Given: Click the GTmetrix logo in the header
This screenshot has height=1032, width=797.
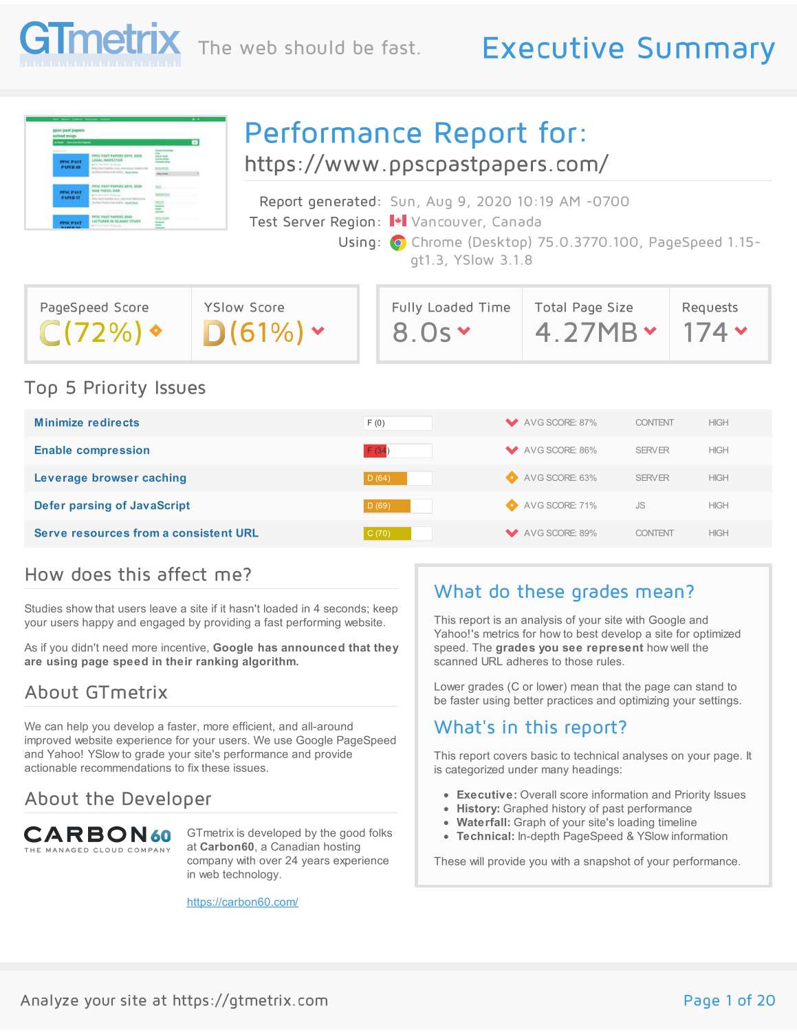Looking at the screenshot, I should (100, 43).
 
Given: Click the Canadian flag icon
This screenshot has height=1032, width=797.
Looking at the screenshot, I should (397, 222).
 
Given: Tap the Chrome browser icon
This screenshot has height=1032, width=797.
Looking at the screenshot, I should (397, 243).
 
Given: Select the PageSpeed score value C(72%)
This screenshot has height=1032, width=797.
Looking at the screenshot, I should (91, 333).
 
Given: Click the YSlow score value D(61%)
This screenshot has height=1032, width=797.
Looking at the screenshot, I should (254, 333).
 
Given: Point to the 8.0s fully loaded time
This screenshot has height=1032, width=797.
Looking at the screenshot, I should (422, 333).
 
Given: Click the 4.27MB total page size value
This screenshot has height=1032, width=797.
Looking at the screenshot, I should (587, 333).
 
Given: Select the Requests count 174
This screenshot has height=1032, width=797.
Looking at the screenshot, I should (705, 333).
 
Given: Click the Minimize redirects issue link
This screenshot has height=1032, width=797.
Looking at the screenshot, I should (87, 423).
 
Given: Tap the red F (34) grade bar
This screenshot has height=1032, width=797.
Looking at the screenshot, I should (375, 451).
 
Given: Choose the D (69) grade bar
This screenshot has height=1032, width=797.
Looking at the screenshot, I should (386, 506).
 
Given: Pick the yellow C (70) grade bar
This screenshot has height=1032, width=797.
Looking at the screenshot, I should (387, 533).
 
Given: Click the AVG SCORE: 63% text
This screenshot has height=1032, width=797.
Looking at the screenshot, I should (560, 478).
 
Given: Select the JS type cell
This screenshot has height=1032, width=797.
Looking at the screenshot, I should (640, 506).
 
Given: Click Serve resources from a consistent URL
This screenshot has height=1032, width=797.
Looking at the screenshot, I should (146, 533).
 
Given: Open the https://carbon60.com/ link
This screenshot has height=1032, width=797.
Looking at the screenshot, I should (242, 902).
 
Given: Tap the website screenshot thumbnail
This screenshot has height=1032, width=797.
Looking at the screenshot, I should (126, 173).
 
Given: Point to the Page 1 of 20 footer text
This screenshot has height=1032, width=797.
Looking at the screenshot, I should (729, 1000).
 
